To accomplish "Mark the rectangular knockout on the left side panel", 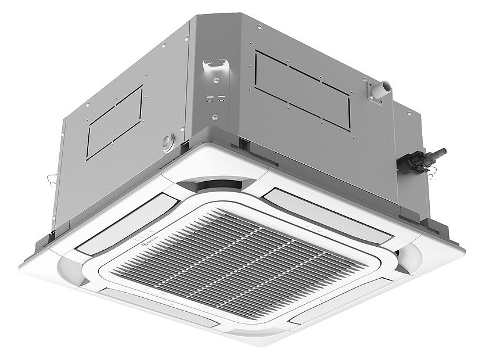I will [114, 122].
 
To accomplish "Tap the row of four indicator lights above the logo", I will [142, 239].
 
